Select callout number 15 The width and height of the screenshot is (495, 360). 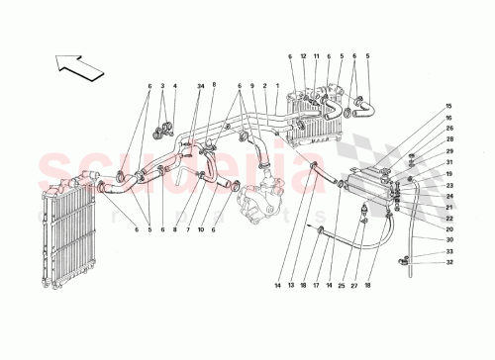tap(420, 107)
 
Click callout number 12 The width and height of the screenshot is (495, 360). tap(305, 56)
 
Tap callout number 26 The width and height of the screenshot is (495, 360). tap(420, 128)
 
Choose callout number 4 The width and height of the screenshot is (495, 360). tap(175, 86)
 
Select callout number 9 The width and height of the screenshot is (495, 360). tap(253, 86)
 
